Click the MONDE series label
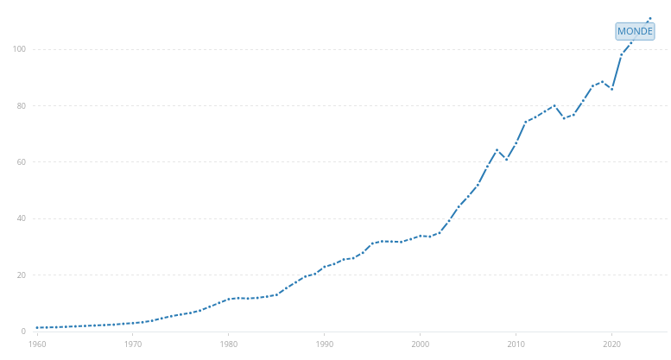click(x=635, y=31)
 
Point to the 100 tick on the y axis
click(x=19, y=49)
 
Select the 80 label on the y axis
click(x=22, y=105)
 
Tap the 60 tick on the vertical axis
click(x=22, y=162)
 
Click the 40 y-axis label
click(x=22, y=218)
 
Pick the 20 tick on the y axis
click(x=22, y=275)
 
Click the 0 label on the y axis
click(x=23, y=332)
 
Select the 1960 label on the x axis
click(x=37, y=344)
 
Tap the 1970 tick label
click(x=133, y=344)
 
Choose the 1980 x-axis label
click(x=229, y=344)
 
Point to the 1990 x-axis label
click(x=325, y=344)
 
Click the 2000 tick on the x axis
click(x=421, y=344)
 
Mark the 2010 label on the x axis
click(x=516, y=344)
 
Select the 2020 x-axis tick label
click(x=612, y=344)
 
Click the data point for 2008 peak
click(x=497, y=150)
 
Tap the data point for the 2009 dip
click(x=507, y=160)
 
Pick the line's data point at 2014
click(x=554, y=105)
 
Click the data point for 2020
click(x=612, y=89)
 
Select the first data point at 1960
click(x=37, y=327)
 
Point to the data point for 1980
click(x=229, y=299)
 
